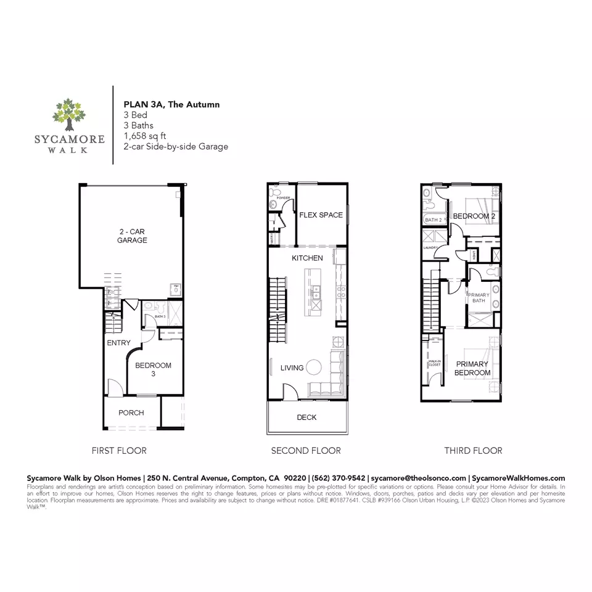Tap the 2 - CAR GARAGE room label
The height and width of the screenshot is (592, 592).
(133, 236)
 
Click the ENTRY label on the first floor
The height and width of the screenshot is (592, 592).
(118, 342)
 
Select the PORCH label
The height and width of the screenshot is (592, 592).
(131, 413)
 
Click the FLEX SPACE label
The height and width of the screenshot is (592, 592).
(321, 215)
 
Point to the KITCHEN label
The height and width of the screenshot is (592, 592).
(307, 258)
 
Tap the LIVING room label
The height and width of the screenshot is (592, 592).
(292, 368)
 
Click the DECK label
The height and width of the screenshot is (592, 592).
(306, 417)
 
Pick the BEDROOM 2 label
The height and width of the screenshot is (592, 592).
(474, 216)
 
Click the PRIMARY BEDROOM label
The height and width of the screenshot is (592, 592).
(472, 368)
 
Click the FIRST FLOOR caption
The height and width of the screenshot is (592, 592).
(119, 451)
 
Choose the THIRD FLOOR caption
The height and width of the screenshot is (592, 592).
(473, 451)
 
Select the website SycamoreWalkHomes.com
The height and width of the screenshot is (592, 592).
(517, 478)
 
